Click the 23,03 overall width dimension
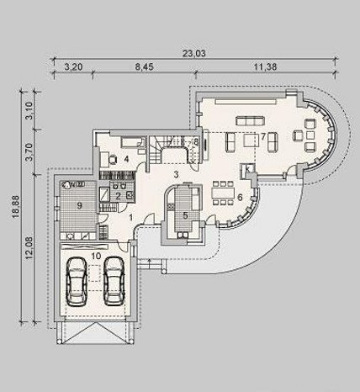pyautogui.click(x=194, y=53)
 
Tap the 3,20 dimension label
pyautogui.click(x=73, y=67)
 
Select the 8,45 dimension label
pyautogui.click(x=145, y=67)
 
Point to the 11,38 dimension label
pyautogui.click(x=266, y=67)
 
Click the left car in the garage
pyautogui.click(x=77, y=282)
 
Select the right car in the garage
pyautogui.click(x=114, y=281)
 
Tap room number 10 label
pyautogui.click(x=96, y=256)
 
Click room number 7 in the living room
pyautogui.click(x=263, y=136)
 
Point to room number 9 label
pyautogui.click(x=79, y=206)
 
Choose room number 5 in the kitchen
pyautogui.click(x=185, y=215)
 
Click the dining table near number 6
pyautogui.click(x=223, y=193)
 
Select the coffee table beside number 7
pyautogui.click(x=251, y=140)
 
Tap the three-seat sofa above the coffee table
pyautogui.click(x=251, y=121)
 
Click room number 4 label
pyautogui.click(x=126, y=159)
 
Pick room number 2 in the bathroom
pyautogui.click(x=118, y=196)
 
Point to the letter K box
pyautogui.click(x=248, y=169)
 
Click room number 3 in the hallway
pyautogui.click(x=176, y=175)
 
